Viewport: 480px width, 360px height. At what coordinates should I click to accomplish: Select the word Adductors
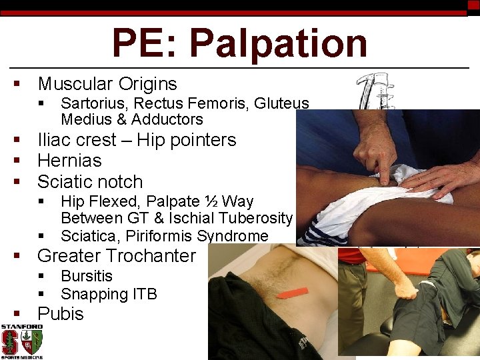170,119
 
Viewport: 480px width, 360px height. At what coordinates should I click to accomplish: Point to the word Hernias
69,161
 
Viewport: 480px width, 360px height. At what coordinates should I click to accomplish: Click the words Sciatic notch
90,182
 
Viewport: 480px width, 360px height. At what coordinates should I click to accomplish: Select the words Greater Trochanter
117,256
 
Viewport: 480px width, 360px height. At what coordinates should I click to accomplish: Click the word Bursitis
87,276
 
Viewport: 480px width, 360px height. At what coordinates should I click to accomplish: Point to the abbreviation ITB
141,294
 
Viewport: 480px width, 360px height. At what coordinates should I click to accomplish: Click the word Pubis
61,314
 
